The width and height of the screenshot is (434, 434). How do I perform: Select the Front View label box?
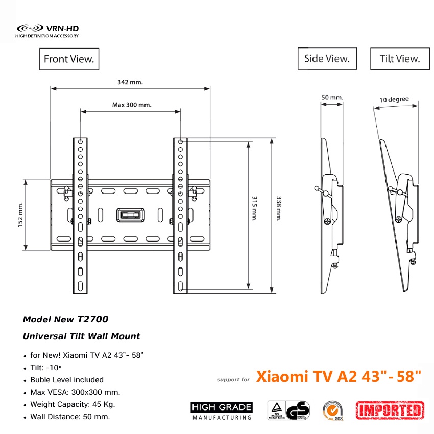click(x=69, y=59)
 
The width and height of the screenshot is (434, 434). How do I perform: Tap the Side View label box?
click(x=327, y=59)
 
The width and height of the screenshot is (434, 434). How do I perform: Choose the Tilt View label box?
click(x=399, y=59)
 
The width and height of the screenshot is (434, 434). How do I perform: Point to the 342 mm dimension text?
click(x=130, y=82)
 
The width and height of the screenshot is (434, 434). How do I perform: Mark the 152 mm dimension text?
click(x=21, y=215)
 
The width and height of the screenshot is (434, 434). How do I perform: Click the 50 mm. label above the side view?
click(x=332, y=97)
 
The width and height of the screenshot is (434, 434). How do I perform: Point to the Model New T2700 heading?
click(x=65, y=320)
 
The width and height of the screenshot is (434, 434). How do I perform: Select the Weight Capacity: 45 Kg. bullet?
click(x=73, y=404)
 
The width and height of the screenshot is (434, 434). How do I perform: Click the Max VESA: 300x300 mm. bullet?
click(x=75, y=392)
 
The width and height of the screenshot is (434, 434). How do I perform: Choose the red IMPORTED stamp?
click(x=390, y=409)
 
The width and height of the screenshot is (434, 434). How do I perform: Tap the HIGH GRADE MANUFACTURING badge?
click(x=222, y=411)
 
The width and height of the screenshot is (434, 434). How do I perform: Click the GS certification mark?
click(x=298, y=411)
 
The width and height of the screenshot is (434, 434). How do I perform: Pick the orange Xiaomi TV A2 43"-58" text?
click(x=339, y=377)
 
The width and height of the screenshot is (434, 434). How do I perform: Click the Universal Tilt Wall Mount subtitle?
click(x=82, y=336)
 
